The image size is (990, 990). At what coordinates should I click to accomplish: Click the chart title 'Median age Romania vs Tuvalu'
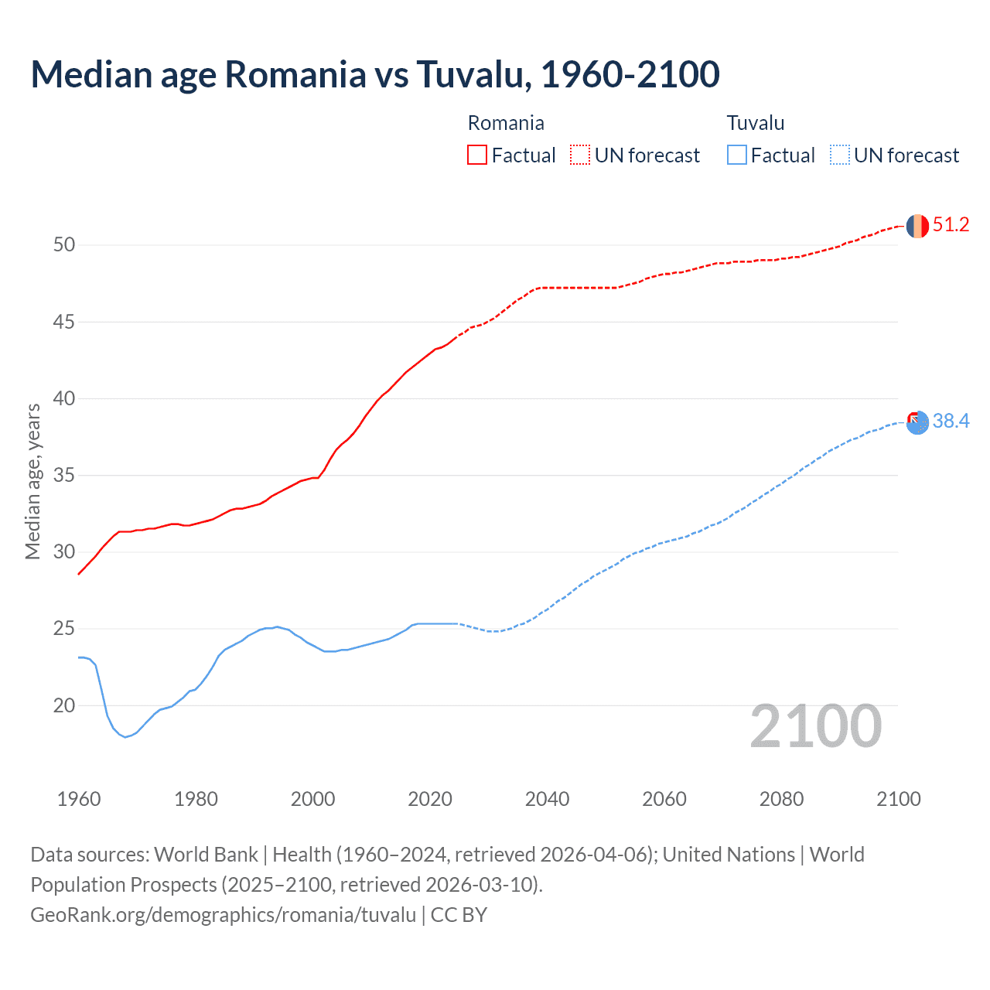[375, 74]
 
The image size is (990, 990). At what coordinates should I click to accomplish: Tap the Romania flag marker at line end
[917, 226]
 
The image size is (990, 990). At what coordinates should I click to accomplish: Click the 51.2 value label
[951, 225]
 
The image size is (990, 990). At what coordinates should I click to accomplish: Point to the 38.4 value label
[951, 422]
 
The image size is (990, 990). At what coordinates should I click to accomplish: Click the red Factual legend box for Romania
[477, 155]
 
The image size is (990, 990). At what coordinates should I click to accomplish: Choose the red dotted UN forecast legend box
[580, 155]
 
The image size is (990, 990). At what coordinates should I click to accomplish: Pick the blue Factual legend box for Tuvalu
[737, 155]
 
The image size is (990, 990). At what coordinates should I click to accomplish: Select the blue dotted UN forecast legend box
[840, 155]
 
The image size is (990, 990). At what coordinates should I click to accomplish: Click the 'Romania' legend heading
[506, 123]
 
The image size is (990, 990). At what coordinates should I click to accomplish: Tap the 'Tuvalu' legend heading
[756, 123]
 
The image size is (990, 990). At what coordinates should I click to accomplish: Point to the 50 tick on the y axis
[64, 245]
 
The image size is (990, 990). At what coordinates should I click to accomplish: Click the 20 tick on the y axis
[64, 705]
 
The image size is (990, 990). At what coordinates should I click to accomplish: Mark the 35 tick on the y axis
[64, 475]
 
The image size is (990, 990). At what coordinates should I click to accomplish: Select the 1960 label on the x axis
[79, 799]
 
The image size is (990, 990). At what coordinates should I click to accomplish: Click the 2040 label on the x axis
[547, 799]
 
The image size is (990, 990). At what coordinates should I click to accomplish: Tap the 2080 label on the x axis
[781, 799]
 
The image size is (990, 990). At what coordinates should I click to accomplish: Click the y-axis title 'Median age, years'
[33, 481]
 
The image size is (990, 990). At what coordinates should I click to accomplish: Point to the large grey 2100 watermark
[816, 726]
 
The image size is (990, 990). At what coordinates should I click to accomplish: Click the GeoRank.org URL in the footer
[224, 915]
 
